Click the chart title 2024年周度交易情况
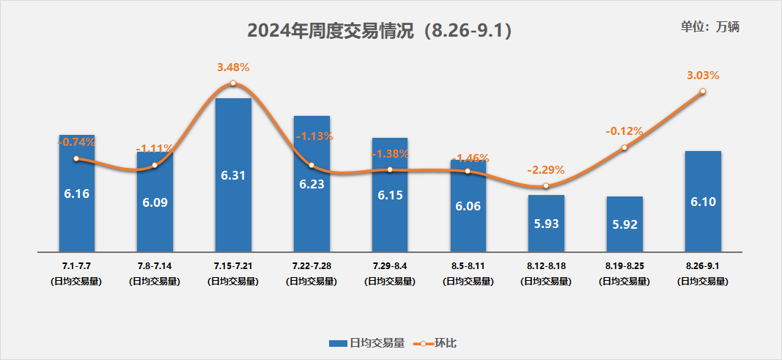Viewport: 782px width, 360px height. (379, 32)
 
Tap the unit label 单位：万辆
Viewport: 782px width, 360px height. (710, 27)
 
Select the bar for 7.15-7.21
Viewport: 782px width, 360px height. (233, 175)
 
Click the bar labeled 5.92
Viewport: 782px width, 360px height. (624, 223)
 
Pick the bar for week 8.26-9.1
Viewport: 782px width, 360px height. (703, 200)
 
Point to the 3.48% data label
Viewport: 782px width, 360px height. (233, 67)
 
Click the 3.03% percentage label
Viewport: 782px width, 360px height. (703, 75)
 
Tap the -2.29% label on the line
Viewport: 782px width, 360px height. (546, 170)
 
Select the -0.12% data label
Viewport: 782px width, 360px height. (624, 131)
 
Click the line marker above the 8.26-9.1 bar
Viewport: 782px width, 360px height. (703, 91)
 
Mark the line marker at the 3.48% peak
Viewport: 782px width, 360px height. (233, 84)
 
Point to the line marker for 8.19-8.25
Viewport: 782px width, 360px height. (624, 147)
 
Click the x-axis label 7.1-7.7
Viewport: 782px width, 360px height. (76, 263)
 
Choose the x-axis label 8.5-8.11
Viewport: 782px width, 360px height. (468, 263)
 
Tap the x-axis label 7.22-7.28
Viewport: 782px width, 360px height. (311, 263)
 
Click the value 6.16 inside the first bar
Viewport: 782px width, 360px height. (76, 194)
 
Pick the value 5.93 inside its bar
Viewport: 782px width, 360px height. (546, 223)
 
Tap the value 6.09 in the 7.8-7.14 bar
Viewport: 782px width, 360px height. (155, 202)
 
